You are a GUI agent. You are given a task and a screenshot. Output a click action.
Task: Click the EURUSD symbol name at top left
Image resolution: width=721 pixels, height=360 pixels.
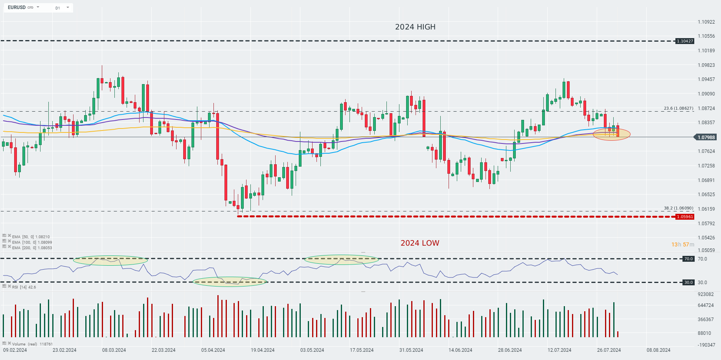point(17,7)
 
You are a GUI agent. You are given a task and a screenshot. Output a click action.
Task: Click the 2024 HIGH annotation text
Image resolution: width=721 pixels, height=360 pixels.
point(415,27)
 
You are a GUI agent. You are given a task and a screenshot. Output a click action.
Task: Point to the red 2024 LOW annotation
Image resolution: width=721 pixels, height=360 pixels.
point(420,243)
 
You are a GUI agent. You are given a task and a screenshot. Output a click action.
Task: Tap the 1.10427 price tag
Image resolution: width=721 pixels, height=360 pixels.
point(685,41)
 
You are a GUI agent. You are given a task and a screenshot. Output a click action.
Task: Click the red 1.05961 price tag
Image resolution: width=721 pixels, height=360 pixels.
point(685,217)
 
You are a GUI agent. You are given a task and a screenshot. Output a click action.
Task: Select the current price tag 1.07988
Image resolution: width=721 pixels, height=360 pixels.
point(706,137)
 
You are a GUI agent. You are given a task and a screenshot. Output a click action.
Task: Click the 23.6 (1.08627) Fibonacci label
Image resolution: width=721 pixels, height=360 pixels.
point(679,108)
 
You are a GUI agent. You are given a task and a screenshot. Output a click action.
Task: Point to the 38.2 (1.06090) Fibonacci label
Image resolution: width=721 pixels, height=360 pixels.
point(679,208)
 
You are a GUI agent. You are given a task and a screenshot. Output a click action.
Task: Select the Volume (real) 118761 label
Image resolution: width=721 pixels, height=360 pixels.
point(32,344)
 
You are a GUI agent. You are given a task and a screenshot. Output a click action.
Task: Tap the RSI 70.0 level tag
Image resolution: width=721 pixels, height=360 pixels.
point(688,259)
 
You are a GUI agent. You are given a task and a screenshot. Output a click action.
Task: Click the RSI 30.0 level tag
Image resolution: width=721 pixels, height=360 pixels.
point(688,282)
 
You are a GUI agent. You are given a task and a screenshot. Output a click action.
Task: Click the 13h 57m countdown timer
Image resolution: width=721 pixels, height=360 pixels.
point(682,244)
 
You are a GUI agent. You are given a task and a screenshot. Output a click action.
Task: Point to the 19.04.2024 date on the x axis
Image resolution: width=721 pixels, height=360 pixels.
point(263,350)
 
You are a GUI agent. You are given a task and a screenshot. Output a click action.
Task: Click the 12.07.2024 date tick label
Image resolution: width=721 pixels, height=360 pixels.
point(559,350)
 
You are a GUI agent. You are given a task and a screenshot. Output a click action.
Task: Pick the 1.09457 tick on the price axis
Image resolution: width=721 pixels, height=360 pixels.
point(706,79)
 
